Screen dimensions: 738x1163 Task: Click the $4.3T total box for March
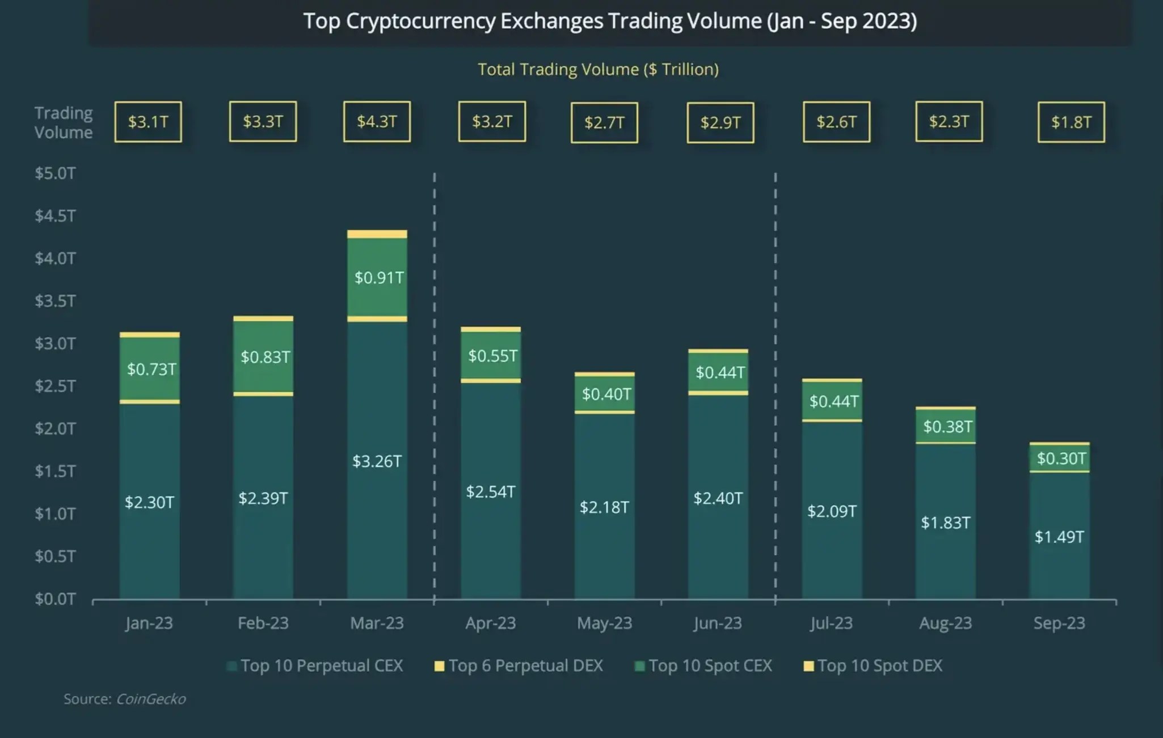click(x=377, y=121)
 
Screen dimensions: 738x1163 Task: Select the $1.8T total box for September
click(x=1071, y=122)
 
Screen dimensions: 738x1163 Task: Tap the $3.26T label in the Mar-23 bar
click(x=377, y=461)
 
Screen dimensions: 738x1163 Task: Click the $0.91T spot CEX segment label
click(x=378, y=277)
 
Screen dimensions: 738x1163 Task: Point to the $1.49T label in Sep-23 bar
click(x=1059, y=536)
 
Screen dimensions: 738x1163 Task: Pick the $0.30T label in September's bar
click(x=1061, y=458)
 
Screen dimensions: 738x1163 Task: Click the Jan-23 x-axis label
click(x=149, y=623)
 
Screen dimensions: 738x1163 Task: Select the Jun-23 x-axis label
click(x=717, y=623)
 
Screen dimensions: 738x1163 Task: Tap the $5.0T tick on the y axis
click(x=55, y=173)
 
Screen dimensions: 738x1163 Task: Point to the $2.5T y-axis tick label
click(x=55, y=386)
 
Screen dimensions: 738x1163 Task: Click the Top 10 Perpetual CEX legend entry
click(x=315, y=665)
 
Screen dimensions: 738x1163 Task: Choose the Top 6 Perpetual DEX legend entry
click(x=519, y=665)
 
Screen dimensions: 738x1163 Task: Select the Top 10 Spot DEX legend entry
click(x=874, y=665)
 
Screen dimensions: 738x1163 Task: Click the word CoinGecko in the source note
click(x=151, y=699)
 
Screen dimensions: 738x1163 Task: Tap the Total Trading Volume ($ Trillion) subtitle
click(x=598, y=69)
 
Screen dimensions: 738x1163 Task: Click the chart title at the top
click(x=610, y=21)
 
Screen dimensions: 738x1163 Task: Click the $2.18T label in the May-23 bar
click(x=604, y=507)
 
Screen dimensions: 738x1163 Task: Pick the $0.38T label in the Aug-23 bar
click(x=947, y=426)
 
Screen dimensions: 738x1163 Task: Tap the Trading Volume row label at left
click(x=63, y=122)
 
